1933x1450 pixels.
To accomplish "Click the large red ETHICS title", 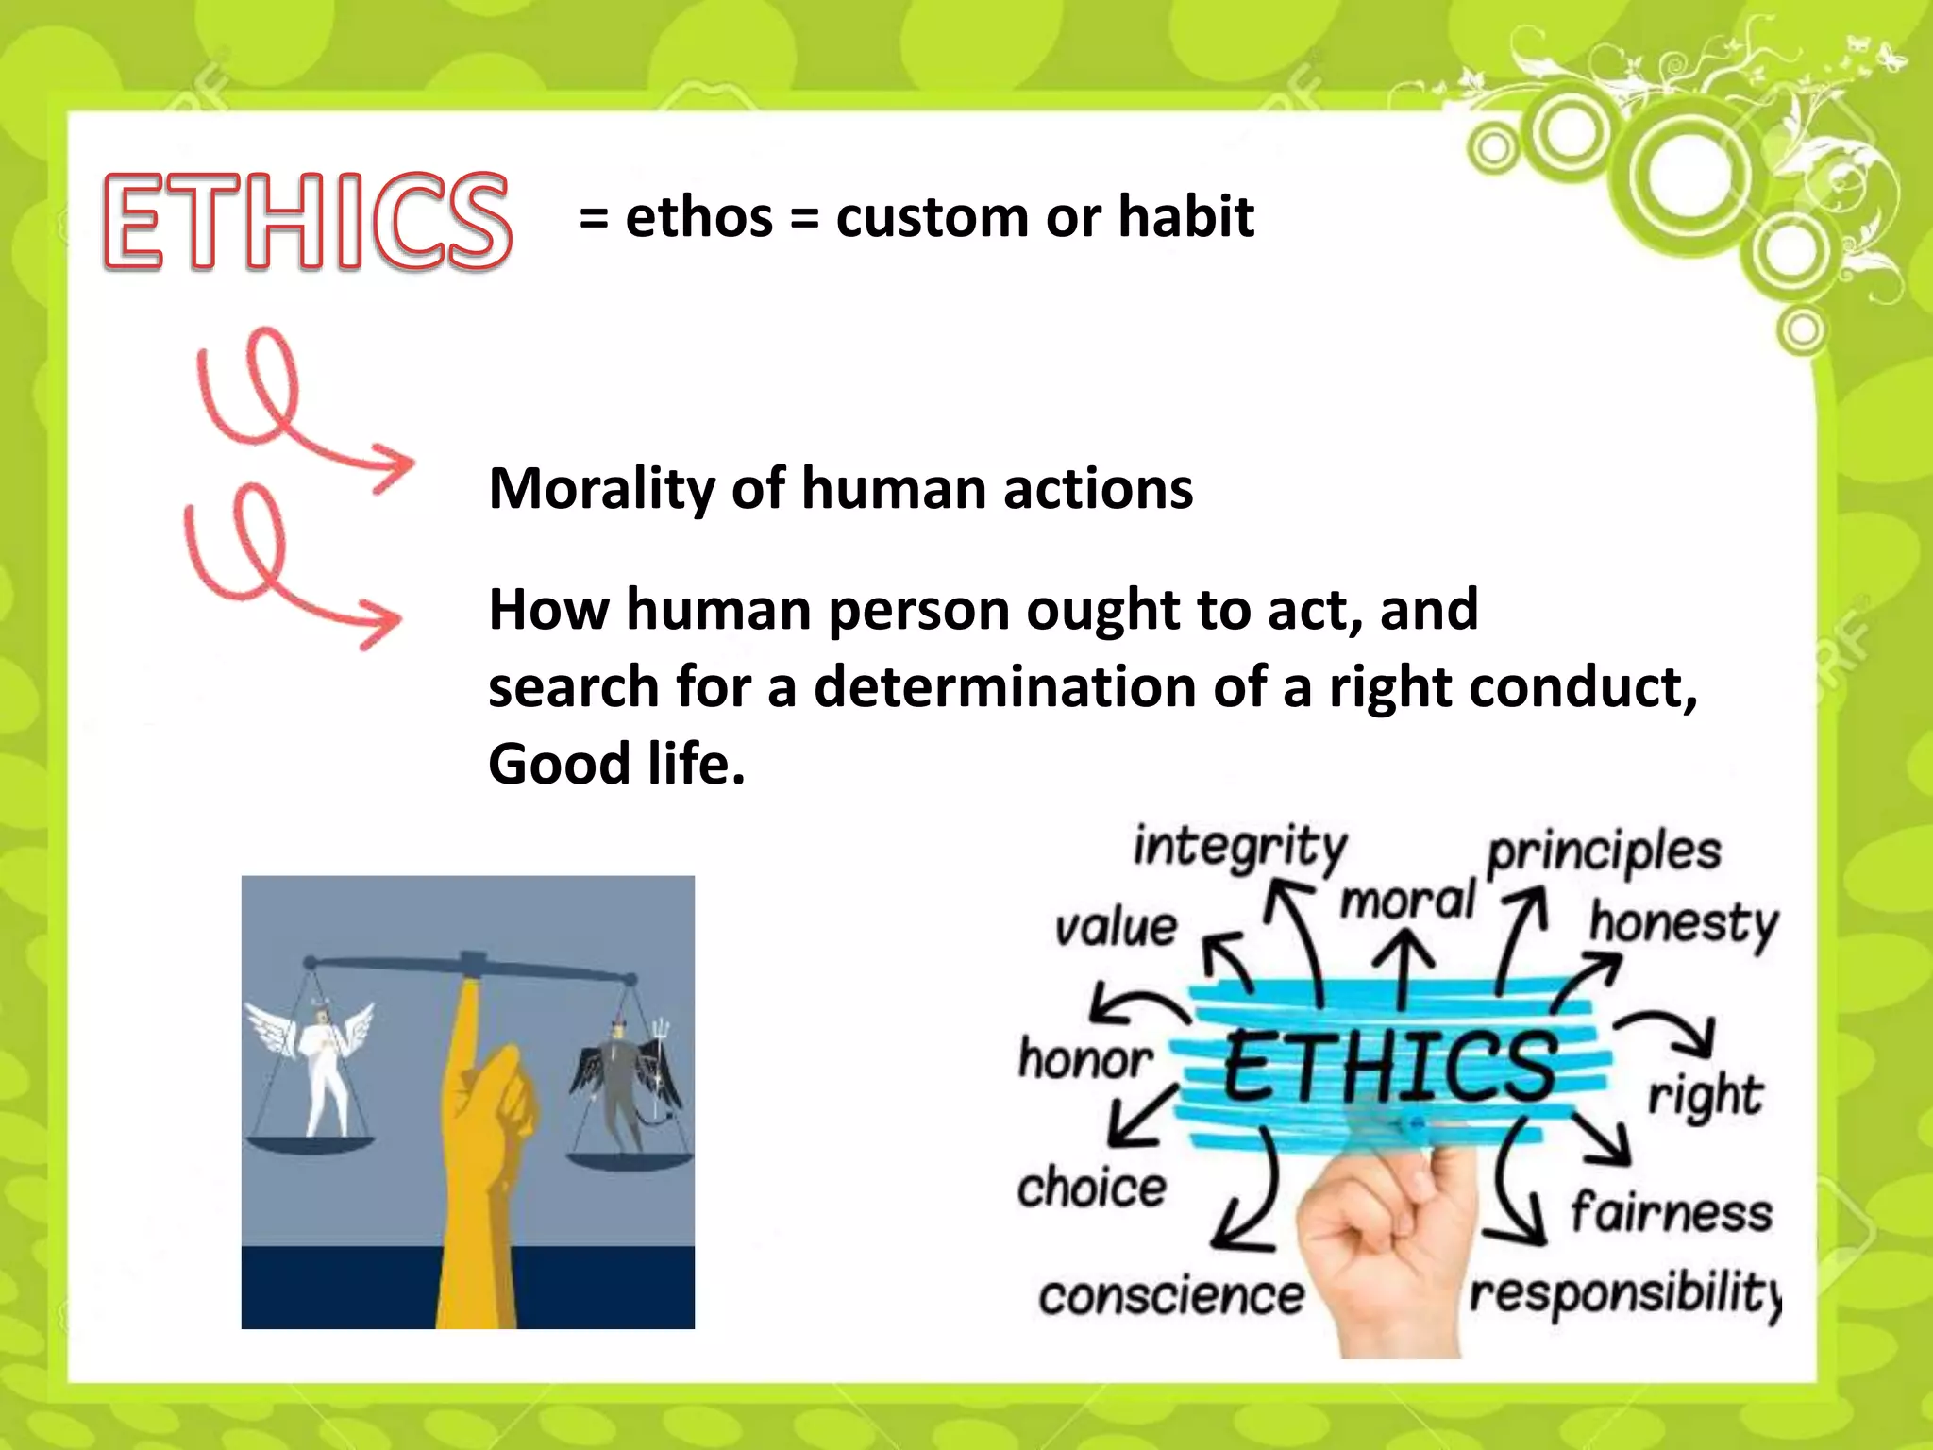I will [307, 222].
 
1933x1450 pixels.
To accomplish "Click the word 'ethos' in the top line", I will [698, 218].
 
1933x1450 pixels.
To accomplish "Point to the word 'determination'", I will [1003, 686].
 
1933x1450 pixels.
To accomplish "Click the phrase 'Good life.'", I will [616, 763].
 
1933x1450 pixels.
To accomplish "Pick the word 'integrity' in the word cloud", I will [1239, 847].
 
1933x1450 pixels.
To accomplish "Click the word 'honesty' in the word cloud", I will [1683, 922].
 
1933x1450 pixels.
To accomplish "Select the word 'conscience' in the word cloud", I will [1170, 1296].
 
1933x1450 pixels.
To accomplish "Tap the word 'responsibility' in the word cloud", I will [1623, 1293].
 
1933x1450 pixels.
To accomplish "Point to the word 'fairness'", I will [1672, 1212].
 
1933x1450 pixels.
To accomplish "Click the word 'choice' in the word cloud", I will [1091, 1187].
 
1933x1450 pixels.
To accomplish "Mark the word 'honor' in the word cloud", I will [1085, 1059].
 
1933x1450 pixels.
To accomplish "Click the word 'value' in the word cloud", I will [1116, 927].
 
